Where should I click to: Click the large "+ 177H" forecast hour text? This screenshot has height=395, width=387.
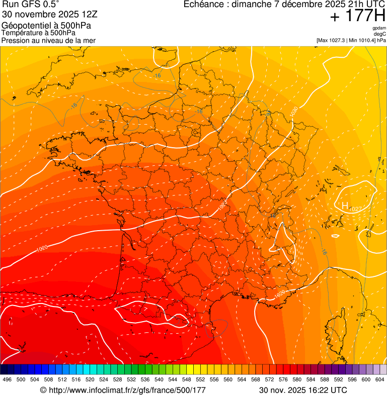(357, 16)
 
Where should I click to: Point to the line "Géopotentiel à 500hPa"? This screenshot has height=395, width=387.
(46, 26)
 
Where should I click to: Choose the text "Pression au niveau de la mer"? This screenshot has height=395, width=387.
(48, 40)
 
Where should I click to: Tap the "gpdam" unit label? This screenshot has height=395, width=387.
(379, 28)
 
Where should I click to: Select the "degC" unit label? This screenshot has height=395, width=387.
(379, 34)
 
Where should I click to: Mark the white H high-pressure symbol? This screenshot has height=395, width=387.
(345, 206)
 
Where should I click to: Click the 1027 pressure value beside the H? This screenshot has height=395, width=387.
(355, 209)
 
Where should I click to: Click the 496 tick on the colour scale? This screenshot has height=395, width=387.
(7, 379)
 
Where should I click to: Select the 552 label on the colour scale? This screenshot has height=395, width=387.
(200, 379)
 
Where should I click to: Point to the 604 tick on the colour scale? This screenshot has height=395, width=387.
(380, 379)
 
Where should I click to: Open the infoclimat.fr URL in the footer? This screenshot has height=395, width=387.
(123, 390)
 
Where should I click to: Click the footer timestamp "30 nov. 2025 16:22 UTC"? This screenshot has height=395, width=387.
(302, 390)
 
